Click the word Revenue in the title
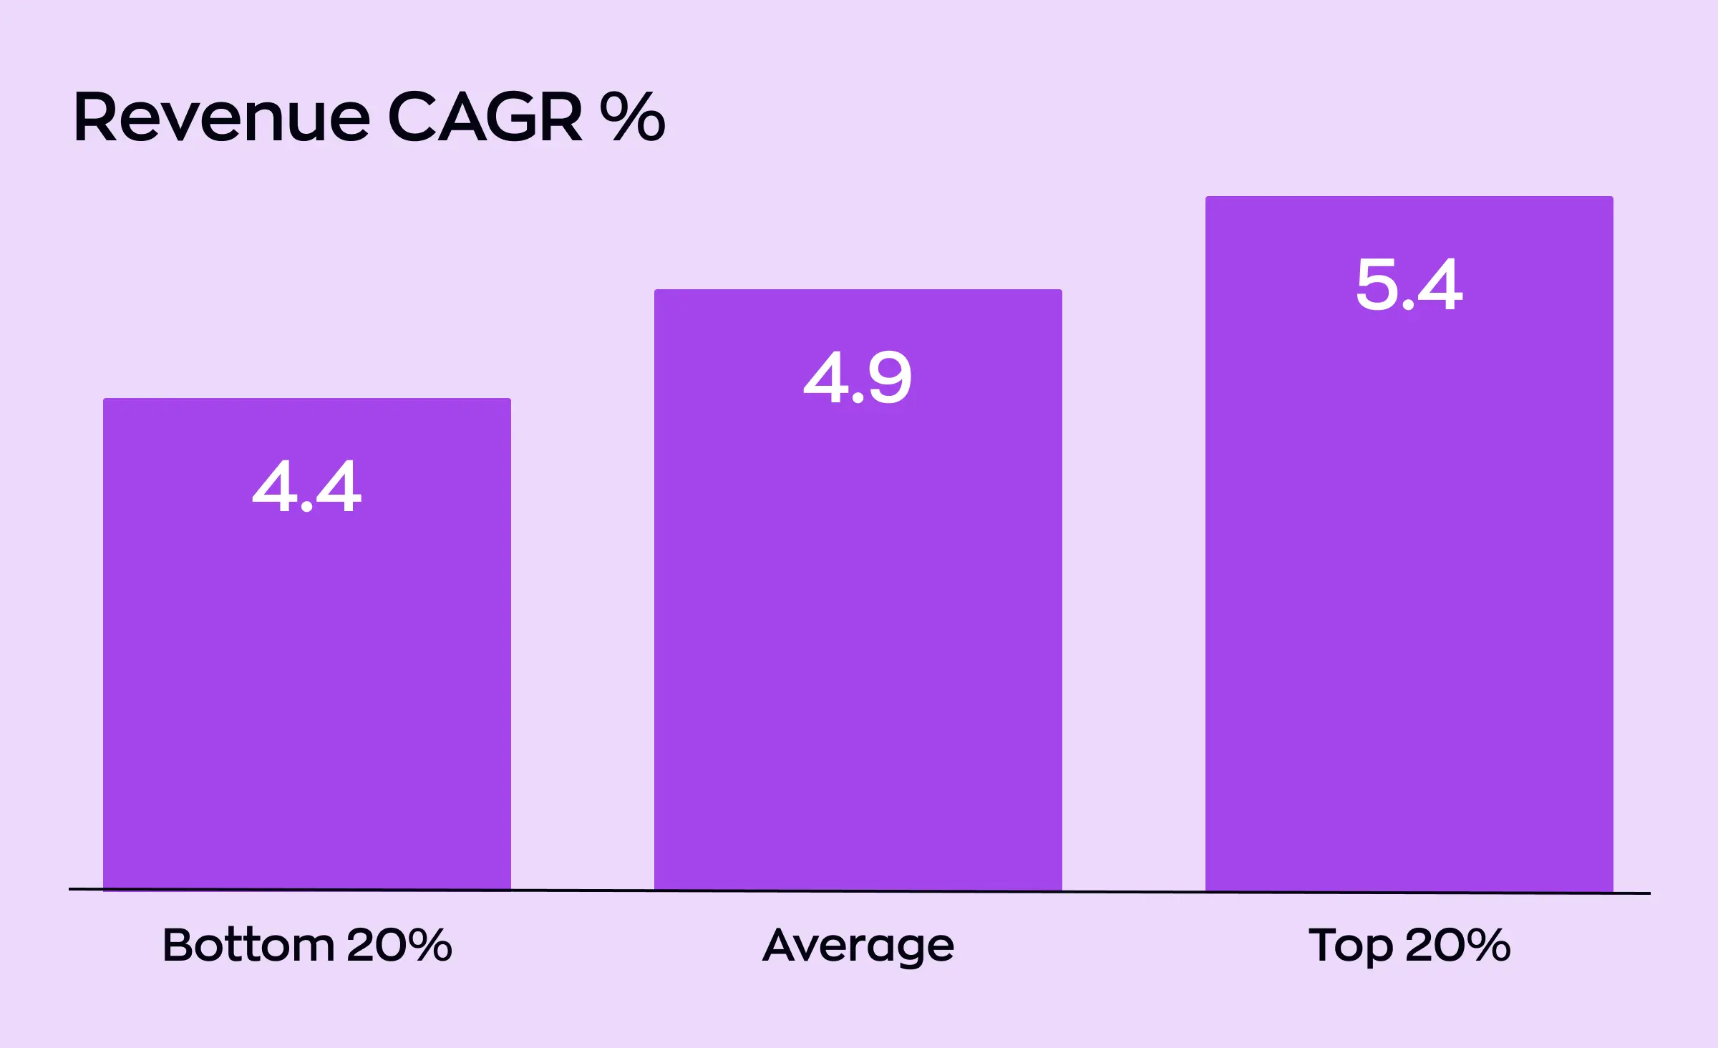point(222,118)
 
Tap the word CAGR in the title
point(485,118)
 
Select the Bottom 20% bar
point(307,680)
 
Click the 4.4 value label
point(307,487)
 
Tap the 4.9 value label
point(858,378)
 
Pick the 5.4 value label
point(1409,285)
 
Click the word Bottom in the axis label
point(248,945)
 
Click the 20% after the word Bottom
point(399,945)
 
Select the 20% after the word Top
point(1458,945)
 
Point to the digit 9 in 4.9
point(889,378)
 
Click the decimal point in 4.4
point(307,507)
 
